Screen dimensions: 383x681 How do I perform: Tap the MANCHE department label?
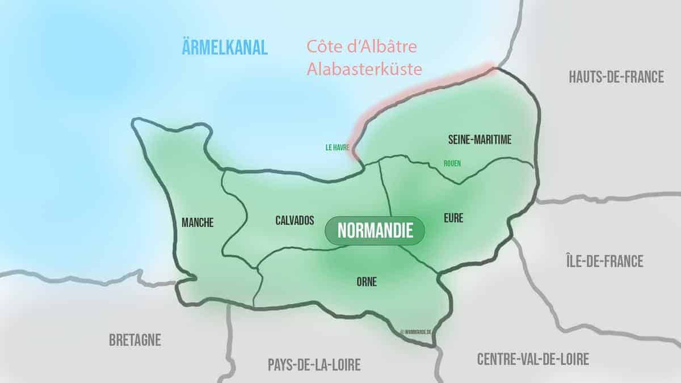(x=197, y=223)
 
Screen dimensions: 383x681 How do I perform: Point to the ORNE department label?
(x=367, y=281)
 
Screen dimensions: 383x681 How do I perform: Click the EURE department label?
(x=454, y=217)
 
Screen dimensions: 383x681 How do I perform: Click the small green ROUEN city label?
(x=452, y=163)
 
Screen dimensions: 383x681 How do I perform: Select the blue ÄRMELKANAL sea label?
(x=225, y=48)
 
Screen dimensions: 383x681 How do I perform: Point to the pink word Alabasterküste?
(x=364, y=69)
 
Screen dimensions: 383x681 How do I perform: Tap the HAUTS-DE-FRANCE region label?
(x=616, y=77)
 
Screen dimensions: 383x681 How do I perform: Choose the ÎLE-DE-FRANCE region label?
(x=605, y=261)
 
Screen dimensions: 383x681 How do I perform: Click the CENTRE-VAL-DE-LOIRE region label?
(x=533, y=359)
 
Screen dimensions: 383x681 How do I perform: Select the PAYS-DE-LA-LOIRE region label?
(x=314, y=365)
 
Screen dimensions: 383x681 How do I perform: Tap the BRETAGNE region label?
(x=134, y=340)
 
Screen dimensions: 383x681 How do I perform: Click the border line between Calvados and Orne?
(x=318, y=250)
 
